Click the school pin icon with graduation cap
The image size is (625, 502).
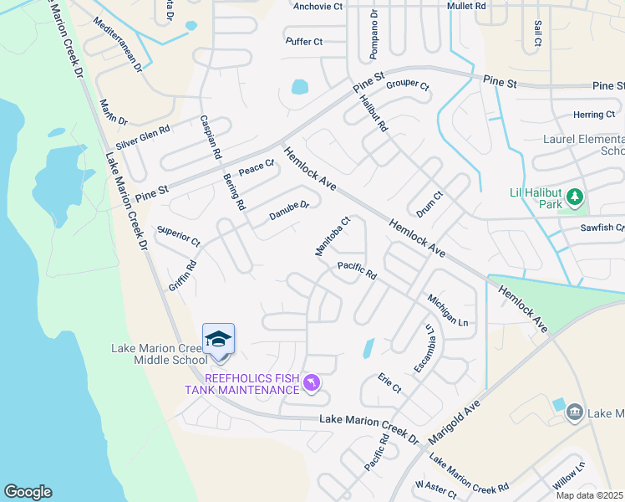(x=218, y=340)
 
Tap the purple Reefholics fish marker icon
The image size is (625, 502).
(x=311, y=383)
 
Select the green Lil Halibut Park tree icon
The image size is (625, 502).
(x=574, y=197)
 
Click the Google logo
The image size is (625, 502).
(x=28, y=492)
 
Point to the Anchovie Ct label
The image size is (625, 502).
(x=318, y=7)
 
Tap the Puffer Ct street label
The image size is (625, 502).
(x=303, y=41)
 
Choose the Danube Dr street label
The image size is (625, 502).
(x=289, y=210)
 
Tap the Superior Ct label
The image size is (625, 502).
(x=178, y=235)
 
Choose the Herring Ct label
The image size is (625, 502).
(x=593, y=115)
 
